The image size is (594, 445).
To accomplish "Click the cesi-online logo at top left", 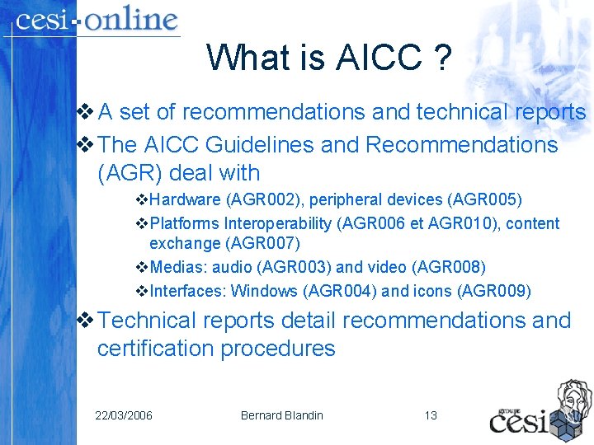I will point(97,20).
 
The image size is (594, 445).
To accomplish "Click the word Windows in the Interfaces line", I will point(266,291).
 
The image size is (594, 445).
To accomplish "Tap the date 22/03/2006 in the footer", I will point(124,415).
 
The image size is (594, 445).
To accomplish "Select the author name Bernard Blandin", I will point(282,415).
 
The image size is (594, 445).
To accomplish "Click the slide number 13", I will point(431,415).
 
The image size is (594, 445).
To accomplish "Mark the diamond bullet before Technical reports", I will point(83,321).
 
